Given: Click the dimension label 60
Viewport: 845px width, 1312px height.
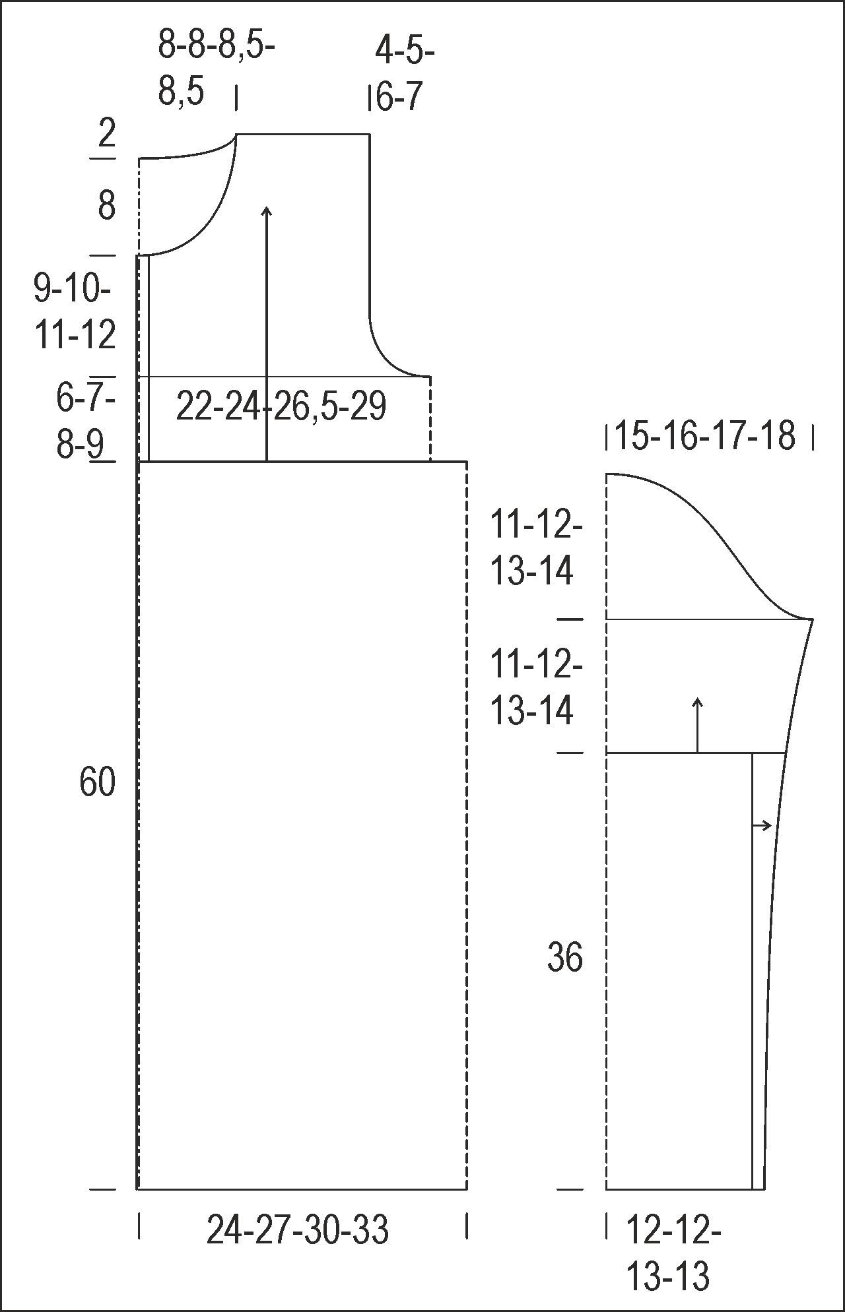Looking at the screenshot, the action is pos(98,782).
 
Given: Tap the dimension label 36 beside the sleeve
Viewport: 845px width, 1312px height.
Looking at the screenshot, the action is pos(565,957).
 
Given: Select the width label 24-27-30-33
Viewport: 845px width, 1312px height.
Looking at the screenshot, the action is pos(298,1230).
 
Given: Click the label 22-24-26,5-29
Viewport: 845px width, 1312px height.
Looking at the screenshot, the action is pos(281,406).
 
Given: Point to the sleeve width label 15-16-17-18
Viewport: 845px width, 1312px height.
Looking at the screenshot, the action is pos(705,436).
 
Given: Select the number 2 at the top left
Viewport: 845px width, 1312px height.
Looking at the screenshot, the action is pos(107,133).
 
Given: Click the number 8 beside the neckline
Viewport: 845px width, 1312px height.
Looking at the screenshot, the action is pos(107,206).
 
